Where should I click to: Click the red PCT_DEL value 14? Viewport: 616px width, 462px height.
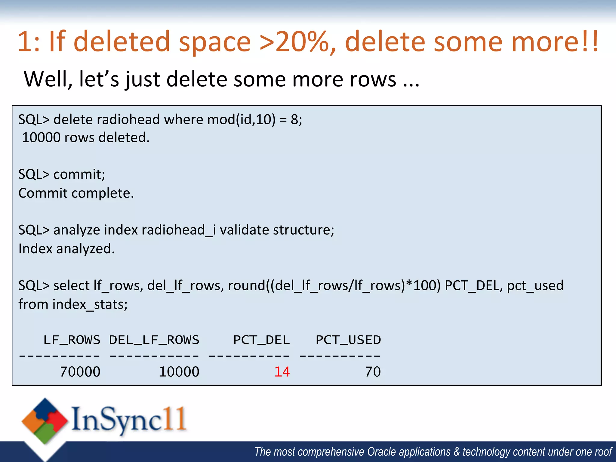coord(282,372)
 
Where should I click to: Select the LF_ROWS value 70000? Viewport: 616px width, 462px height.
coord(80,372)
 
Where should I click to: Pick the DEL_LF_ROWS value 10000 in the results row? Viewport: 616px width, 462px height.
coord(179,372)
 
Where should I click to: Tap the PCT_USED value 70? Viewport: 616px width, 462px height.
coord(373,372)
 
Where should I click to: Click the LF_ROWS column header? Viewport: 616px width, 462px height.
coord(72,340)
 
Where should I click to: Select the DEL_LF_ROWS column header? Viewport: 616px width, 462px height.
coord(154,340)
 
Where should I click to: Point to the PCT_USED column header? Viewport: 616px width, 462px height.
coord(348,340)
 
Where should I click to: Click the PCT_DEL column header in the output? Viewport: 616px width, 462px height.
coord(261,340)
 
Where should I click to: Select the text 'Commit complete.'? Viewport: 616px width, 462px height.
coord(76,193)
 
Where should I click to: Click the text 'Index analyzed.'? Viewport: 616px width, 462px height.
coord(66,249)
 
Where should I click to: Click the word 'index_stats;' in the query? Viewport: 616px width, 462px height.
coord(90,304)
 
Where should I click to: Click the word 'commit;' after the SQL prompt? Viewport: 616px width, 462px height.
coord(79,174)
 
